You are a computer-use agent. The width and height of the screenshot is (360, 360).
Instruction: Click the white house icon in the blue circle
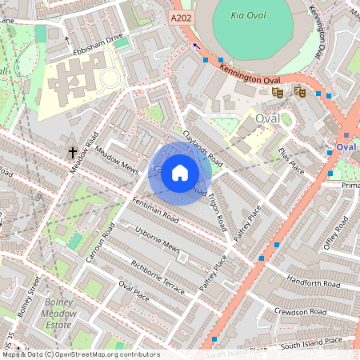[x=180, y=172]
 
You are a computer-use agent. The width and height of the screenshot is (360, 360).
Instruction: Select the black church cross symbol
[x=73, y=151]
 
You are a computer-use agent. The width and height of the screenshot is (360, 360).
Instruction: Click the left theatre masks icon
[x=278, y=92]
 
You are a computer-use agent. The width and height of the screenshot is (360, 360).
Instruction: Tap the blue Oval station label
[x=346, y=147]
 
